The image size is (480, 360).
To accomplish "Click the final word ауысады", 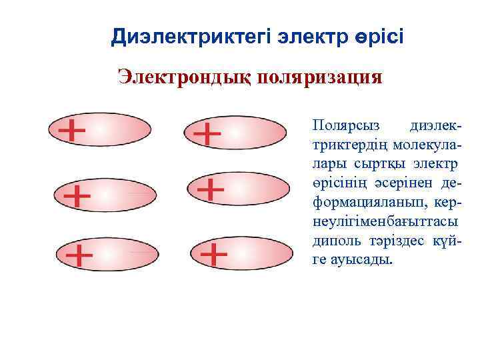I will (x=354, y=259).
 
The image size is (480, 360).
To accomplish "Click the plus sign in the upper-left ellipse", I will (x=72, y=131).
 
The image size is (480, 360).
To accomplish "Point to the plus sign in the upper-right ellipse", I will (x=207, y=134).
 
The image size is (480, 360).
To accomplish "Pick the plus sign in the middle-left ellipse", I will (x=77, y=196).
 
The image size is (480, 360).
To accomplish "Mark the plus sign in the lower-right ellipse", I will (x=214, y=253).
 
